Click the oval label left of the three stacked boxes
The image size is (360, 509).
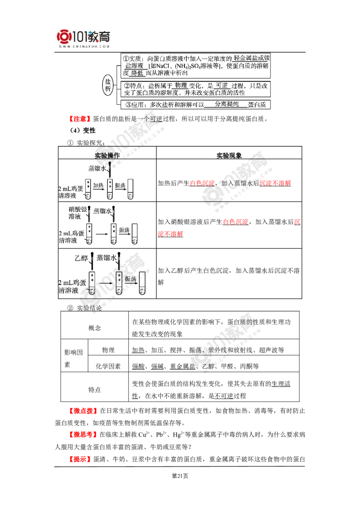click(x=107, y=85)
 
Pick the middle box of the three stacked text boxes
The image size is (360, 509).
click(x=195, y=88)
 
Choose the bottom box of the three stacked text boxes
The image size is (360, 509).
click(x=195, y=105)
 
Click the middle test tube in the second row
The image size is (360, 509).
click(x=113, y=234)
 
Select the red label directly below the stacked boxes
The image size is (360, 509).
click(x=79, y=119)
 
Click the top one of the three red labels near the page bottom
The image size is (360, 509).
click(x=83, y=411)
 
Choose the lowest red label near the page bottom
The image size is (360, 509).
click(x=80, y=459)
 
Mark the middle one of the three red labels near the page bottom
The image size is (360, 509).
click(x=83, y=434)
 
